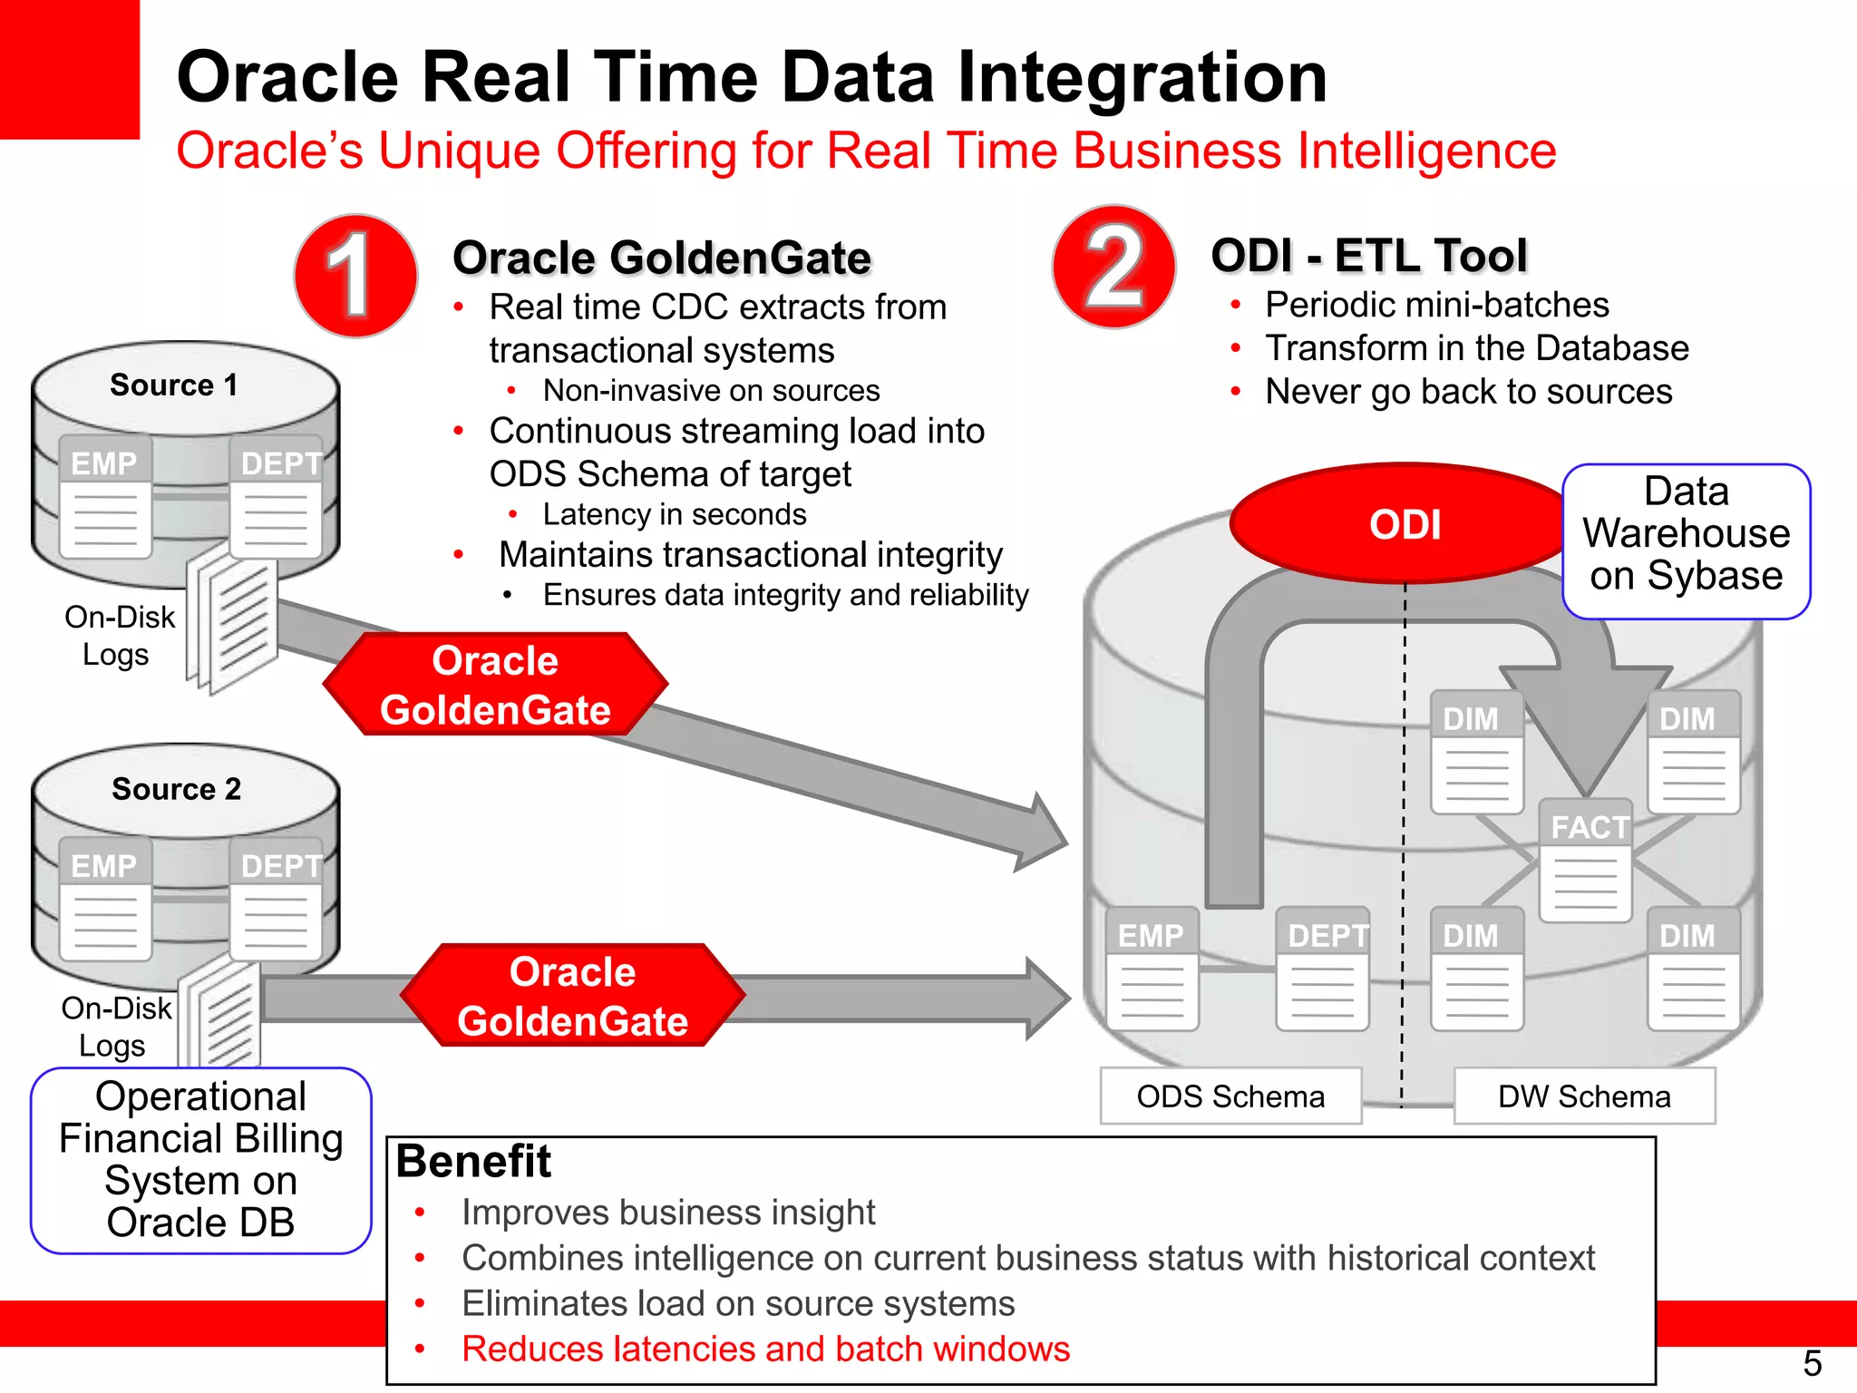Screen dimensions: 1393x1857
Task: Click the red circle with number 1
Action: tap(355, 276)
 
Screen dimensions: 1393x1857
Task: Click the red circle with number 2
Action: tap(1113, 267)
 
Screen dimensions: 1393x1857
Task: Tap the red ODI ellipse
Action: tap(1405, 524)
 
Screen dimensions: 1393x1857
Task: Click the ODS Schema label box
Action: tap(1230, 1096)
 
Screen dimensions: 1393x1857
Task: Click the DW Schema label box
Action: tap(1584, 1096)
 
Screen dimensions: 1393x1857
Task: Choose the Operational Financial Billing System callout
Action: tap(200, 1160)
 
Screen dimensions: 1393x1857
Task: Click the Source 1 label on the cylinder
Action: tap(174, 385)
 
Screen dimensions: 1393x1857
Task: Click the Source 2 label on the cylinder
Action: tap(177, 789)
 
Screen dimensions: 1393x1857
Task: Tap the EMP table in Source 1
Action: tap(105, 496)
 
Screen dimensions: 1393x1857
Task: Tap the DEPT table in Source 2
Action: tap(277, 900)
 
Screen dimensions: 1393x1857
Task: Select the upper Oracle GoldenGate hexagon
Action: tap(495, 685)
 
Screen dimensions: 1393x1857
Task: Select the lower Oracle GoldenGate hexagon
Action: tap(572, 996)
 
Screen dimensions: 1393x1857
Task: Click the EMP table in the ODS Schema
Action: tap(1152, 969)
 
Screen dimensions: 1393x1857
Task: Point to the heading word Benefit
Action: tap(473, 1162)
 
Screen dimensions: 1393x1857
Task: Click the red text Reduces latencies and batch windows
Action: tap(765, 1349)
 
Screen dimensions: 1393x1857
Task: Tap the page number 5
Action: tap(1812, 1363)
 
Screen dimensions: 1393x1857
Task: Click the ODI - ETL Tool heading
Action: tap(1369, 256)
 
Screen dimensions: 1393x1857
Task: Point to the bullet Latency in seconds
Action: tap(674, 514)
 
